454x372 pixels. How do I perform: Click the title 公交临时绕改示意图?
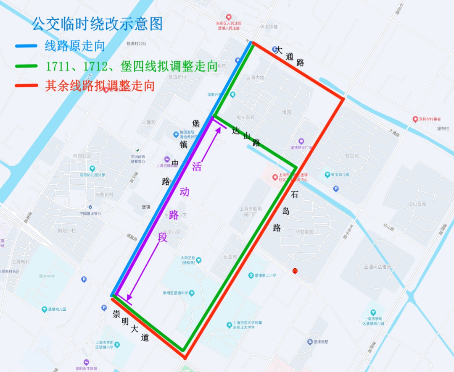click(x=97, y=24)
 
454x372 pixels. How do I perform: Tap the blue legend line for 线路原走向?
click(x=28, y=45)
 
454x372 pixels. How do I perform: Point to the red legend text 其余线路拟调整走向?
click(x=100, y=86)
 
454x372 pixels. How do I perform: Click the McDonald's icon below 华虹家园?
click(x=295, y=271)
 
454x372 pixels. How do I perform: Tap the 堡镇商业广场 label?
click(x=301, y=147)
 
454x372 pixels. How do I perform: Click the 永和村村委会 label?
click(x=429, y=119)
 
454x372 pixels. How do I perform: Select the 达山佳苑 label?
click(x=417, y=204)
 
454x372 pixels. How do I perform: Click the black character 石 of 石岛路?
click(x=295, y=195)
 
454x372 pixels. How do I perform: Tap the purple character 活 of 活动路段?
click(x=196, y=167)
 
